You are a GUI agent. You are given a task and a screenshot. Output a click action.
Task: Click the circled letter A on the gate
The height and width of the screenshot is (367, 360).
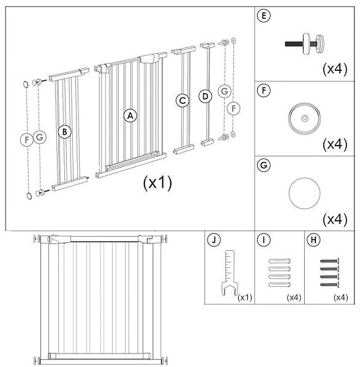[x=130, y=115]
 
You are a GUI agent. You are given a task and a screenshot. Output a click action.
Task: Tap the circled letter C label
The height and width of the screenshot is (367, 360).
[x=182, y=100]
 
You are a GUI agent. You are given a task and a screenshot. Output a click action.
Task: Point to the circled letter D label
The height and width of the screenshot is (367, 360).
[x=205, y=97]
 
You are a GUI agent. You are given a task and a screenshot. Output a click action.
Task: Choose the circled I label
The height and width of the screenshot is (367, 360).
[x=263, y=240]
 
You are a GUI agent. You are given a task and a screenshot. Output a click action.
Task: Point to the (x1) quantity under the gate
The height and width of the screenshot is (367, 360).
[x=158, y=182]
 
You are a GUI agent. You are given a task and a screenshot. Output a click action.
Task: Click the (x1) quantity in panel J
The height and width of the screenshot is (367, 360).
[x=244, y=297]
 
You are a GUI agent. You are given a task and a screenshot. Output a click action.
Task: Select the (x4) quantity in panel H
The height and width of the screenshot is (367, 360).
[x=340, y=297]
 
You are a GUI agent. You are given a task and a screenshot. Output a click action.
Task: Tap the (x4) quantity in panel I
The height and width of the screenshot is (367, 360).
[x=293, y=297]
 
